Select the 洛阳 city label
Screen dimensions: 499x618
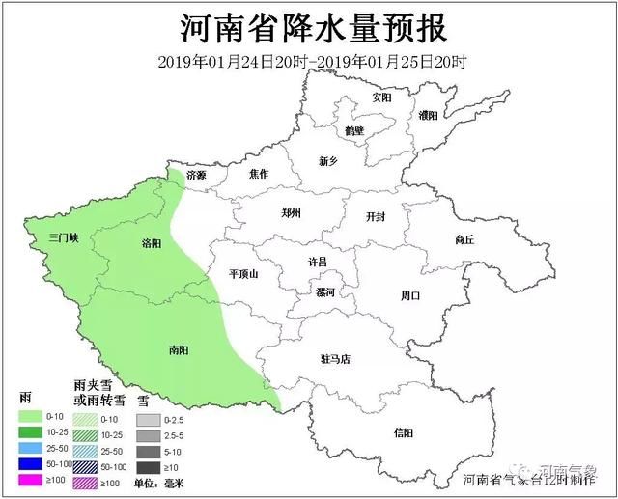point(152,244)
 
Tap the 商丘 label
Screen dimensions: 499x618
point(463,239)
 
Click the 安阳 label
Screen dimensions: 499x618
point(382,97)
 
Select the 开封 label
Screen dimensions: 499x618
point(375,217)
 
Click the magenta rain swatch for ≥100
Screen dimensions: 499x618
point(34,479)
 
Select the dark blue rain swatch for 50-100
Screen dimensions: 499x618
point(34,464)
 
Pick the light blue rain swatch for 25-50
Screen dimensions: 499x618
point(34,449)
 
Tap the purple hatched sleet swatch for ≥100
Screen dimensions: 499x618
point(91,480)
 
